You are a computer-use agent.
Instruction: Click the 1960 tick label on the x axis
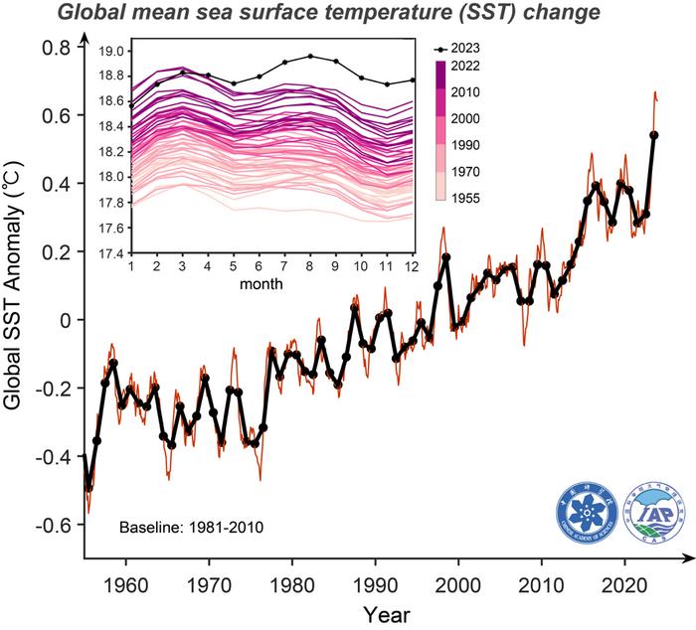(125, 581)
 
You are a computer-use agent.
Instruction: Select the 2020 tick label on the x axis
(625, 581)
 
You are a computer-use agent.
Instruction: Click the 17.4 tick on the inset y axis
(112, 253)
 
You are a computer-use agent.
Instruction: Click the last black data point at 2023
(653, 135)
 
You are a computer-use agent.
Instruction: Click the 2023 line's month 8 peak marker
(310, 57)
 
